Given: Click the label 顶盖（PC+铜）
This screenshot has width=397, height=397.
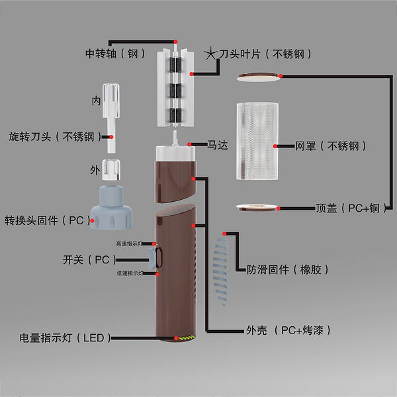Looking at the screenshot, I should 347,208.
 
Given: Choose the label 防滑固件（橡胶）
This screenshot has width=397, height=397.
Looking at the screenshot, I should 288,270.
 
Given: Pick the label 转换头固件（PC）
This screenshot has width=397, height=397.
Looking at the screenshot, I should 48,220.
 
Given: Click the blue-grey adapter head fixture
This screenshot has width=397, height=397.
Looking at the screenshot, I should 112,206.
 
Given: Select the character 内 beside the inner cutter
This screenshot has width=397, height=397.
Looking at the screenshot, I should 96,102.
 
